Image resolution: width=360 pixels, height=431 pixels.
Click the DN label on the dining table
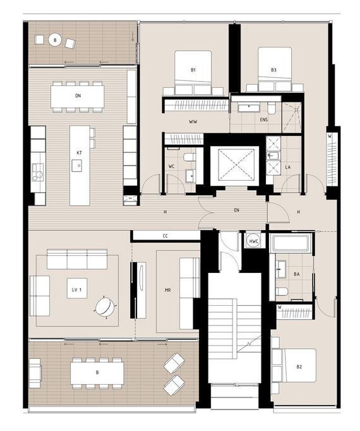[x=78, y=95]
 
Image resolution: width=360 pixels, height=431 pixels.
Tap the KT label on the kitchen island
[x=79, y=153]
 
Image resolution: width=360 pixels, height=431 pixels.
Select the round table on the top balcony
[x=55, y=40]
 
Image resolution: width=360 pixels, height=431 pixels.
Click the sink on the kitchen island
[x=77, y=166]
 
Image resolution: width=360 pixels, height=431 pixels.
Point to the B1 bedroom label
[x=193, y=70]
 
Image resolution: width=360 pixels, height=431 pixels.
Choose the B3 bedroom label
[x=273, y=70]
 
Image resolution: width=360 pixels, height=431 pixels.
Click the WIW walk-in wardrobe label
[x=193, y=121]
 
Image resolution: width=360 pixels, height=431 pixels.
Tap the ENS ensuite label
[x=264, y=119]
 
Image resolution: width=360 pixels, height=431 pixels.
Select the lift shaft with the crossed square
[x=235, y=165]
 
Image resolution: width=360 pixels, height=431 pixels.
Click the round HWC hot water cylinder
[x=253, y=241]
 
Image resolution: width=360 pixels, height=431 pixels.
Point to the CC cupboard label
[x=165, y=236]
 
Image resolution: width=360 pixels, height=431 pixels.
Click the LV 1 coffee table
[x=77, y=288]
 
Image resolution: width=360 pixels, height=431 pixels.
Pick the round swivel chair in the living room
[x=105, y=307]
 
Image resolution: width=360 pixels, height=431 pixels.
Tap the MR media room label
[x=167, y=290]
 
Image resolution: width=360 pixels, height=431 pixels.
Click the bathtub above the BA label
[x=291, y=243]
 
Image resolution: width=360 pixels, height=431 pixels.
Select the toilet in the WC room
[x=189, y=157]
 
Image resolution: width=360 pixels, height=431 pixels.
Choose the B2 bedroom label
[x=299, y=367]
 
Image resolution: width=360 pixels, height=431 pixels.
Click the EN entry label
[x=236, y=210]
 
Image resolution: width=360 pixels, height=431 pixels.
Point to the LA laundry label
[x=288, y=167]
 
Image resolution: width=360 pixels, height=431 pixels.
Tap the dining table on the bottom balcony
[x=97, y=373]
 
